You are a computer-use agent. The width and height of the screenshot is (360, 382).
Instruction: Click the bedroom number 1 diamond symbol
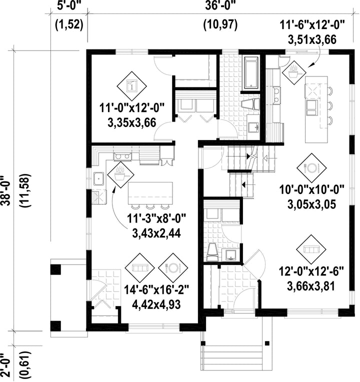[x=132, y=86]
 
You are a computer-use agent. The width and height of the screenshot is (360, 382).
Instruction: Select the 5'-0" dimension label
[x=69, y=6]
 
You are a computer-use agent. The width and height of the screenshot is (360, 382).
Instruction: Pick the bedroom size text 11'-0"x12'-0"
[x=132, y=108]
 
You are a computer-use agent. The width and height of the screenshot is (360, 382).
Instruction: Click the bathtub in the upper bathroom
[x=251, y=73]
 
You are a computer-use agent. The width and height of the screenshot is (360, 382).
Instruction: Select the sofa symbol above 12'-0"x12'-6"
[x=311, y=249]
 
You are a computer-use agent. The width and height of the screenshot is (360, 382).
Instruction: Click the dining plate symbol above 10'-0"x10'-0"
[x=311, y=168]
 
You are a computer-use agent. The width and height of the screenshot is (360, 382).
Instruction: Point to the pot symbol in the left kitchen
[x=121, y=173]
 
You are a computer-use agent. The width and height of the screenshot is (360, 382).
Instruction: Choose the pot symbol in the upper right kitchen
[x=294, y=72]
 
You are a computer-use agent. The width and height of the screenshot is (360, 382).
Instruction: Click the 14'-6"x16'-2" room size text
[x=156, y=290]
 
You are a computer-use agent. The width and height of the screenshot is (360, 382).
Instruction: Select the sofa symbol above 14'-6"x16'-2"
[x=139, y=268]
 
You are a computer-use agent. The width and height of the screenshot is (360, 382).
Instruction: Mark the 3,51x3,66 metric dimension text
[x=312, y=39]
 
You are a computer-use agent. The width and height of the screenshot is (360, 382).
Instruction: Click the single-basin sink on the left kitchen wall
[x=99, y=178]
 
